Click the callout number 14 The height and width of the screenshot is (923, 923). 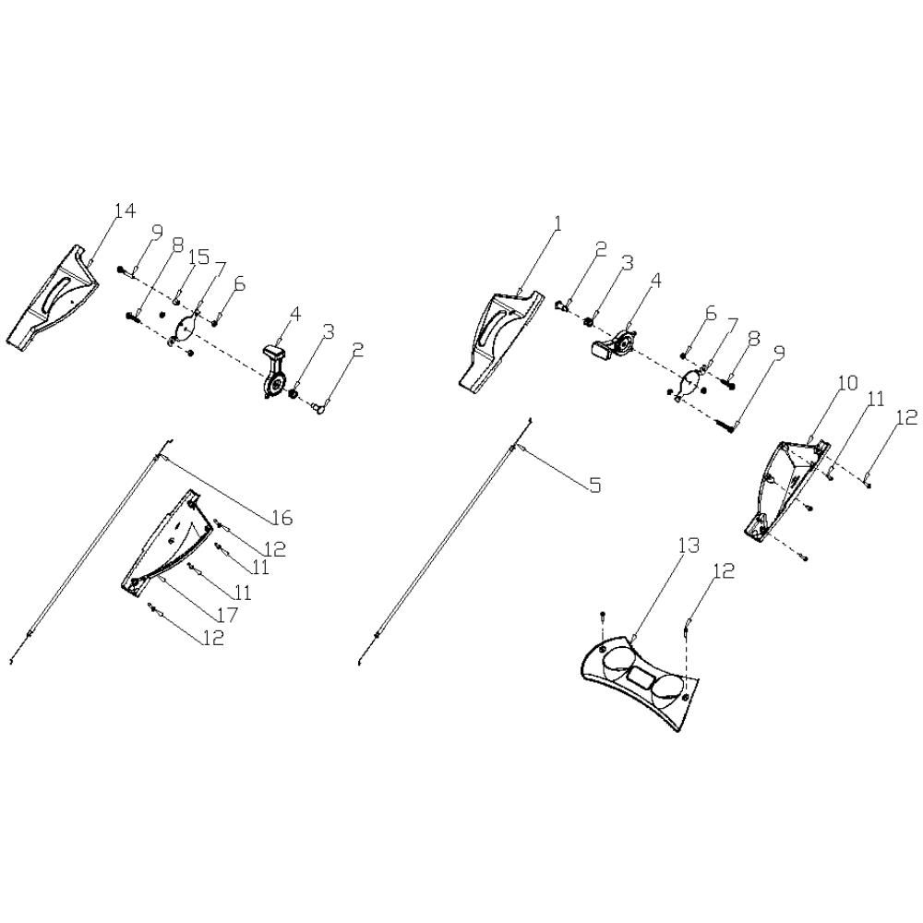[125, 210]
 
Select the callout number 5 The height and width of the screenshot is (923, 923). [595, 485]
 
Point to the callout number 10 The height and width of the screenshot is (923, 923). [847, 383]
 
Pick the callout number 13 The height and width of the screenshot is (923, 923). [689, 545]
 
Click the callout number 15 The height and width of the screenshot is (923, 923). [199, 258]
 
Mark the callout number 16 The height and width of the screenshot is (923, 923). [282, 518]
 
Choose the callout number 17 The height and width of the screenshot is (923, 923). [227, 614]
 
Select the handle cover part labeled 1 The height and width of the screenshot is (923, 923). [500, 338]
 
